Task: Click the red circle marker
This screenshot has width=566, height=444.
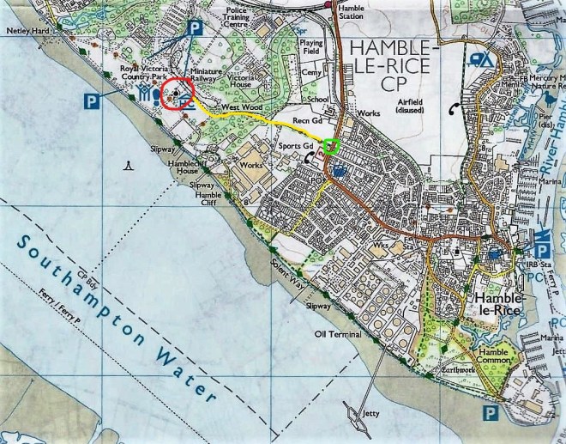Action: [x=176, y=93]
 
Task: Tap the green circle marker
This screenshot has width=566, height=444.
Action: [x=331, y=147]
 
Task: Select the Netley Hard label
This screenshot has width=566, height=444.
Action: [x=25, y=30]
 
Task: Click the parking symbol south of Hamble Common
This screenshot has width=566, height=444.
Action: [x=489, y=414]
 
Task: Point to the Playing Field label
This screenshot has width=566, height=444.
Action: [x=311, y=46]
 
